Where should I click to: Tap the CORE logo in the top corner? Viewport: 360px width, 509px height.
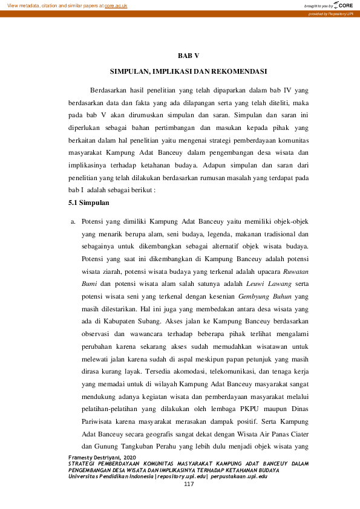343,5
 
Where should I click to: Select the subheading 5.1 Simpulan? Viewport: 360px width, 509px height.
88,203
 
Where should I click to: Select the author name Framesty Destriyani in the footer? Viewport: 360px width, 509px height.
97,458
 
